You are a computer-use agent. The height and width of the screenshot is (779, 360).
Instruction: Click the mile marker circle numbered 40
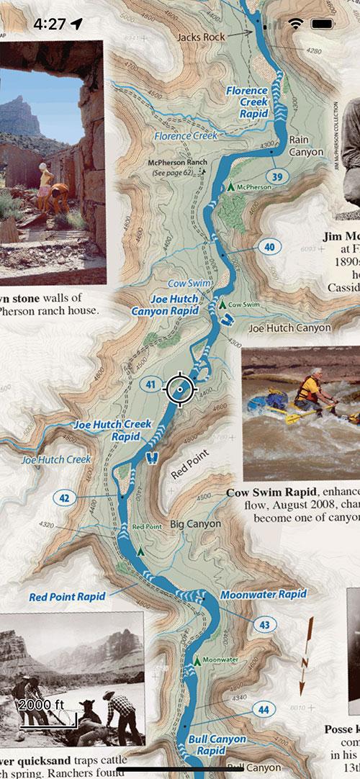click(269, 247)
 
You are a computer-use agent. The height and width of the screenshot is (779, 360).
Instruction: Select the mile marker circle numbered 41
click(150, 384)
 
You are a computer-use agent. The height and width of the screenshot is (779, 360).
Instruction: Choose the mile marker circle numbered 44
click(264, 710)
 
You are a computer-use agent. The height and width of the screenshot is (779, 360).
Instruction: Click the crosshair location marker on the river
click(180, 389)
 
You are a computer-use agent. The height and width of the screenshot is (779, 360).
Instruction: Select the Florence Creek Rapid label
click(247, 102)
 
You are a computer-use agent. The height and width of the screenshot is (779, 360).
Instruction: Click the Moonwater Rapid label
click(264, 595)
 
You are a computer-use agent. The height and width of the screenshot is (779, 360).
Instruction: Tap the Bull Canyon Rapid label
click(217, 744)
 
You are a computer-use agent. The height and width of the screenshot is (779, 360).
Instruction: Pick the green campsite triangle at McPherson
click(230, 186)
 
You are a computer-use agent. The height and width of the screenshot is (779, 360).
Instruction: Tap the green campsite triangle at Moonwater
click(196, 659)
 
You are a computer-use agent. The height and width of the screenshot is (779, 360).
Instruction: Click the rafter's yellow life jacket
click(310, 389)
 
